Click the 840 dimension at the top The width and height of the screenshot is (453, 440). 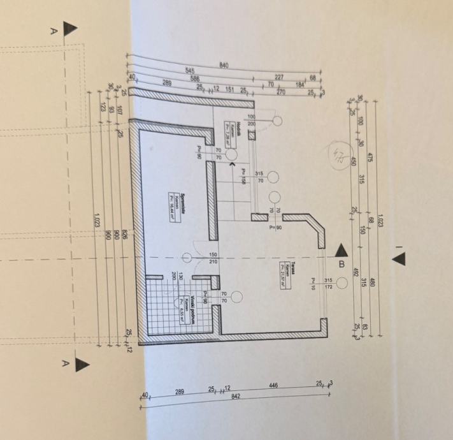[224, 64]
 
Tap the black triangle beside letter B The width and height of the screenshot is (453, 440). [342, 249]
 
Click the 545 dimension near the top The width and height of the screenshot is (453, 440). [190, 71]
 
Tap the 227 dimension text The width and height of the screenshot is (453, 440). [279, 78]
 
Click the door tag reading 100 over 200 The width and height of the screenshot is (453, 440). [251, 120]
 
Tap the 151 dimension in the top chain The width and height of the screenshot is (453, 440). [230, 90]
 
